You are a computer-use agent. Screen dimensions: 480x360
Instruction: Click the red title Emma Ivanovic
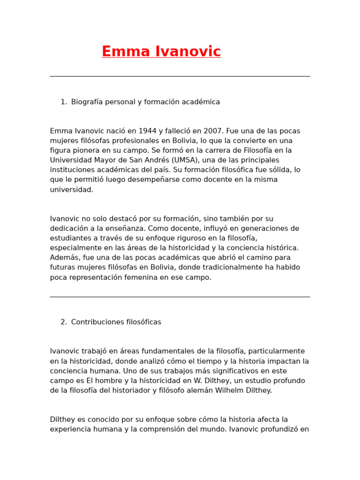[x=161, y=52]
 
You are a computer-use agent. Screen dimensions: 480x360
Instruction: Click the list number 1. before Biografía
[x=64, y=102]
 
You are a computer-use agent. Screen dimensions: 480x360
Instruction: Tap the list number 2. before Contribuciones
[x=64, y=322]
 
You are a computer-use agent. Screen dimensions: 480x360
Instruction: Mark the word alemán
[x=200, y=390]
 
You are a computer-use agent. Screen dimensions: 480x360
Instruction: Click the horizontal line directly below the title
[x=180, y=76]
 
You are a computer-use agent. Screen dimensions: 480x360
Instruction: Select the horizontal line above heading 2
[x=180, y=297]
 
